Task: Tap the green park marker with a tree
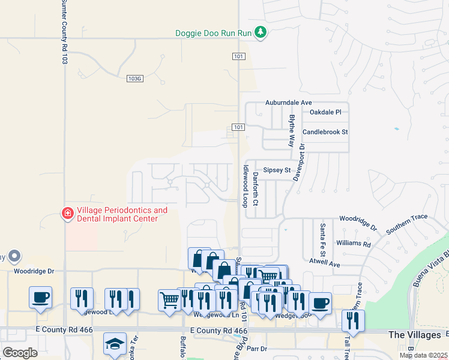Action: coord(260,32)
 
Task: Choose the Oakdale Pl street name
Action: coord(325,112)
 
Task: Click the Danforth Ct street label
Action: coord(255,189)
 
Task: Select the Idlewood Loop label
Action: coord(245,186)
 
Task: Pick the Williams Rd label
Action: coord(354,244)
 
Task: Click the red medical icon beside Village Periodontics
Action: coord(68,214)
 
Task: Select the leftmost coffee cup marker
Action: coord(40,297)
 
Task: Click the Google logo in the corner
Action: coord(20,353)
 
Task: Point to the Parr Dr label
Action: coord(256,348)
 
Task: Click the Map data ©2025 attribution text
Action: coord(423,355)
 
